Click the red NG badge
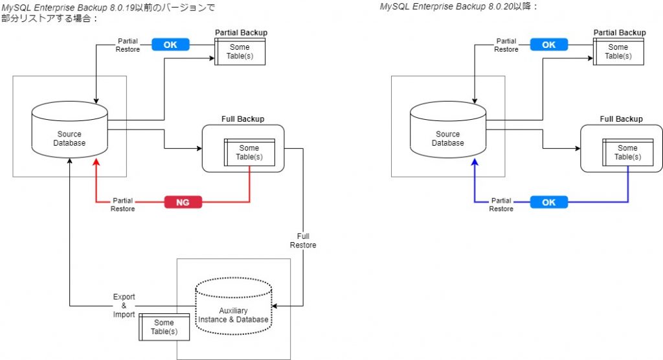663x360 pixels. click(x=183, y=203)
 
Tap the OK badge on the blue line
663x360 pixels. click(x=548, y=202)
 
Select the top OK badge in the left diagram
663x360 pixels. click(x=170, y=45)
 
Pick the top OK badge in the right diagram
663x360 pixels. click(x=548, y=45)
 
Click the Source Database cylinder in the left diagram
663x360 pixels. click(x=69, y=133)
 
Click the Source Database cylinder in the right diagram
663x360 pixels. click(x=447, y=133)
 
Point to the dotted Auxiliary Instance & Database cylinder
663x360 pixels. click(x=233, y=307)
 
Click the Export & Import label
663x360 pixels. click(x=124, y=306)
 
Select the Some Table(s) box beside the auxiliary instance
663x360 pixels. click(x=164, y=328)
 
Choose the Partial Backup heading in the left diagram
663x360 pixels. click(x=241, y=33)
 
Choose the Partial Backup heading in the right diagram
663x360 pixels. click(x=619, y=33)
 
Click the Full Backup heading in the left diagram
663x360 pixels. click(x=242, y=119)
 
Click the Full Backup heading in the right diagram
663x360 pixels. click(x=620, y=119)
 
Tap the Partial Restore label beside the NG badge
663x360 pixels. click(x=123, y=205)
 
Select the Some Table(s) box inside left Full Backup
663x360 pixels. click(x=249, y=153)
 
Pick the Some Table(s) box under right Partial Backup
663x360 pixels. click(x=618, y=51)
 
